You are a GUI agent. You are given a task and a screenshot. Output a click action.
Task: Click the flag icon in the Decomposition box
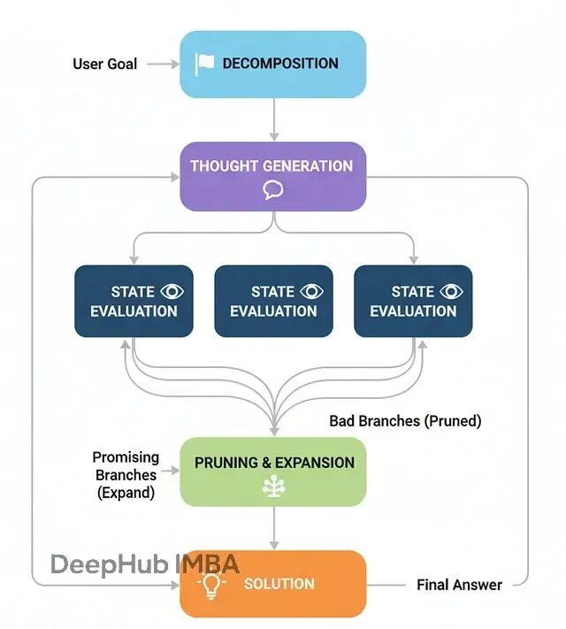pos(204,65)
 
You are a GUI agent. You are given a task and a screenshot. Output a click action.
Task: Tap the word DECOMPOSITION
pos(280,64)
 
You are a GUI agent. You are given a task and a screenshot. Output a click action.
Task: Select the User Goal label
pos(105,64)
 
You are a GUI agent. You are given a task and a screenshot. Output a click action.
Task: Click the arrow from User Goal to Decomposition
pos(163,64)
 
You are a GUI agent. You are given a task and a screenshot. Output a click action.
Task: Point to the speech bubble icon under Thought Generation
pos(273,189)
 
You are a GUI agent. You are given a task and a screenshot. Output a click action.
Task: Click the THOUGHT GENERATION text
pos(272,166)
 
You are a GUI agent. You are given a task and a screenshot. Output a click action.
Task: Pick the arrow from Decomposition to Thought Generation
pos(274,119)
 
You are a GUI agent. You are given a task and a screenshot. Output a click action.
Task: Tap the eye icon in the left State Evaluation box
pos(172,291)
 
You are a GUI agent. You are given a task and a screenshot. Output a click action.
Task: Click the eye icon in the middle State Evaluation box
pos(311,291)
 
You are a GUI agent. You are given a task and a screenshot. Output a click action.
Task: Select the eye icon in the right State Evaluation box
pos(451,291)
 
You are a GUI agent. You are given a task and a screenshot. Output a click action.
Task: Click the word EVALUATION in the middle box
pos(273,311)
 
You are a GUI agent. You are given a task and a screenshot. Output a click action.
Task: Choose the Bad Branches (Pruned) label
pos(405,421)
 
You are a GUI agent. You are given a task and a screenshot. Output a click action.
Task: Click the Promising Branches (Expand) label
pos(126,475)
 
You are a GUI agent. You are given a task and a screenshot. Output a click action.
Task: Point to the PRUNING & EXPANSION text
pos(274,463)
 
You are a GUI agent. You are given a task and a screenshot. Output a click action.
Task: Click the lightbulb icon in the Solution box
pos(211,586)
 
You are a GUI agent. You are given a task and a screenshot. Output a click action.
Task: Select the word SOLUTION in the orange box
pos(279,584)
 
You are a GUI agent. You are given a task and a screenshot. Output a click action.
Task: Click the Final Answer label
pos(459,585)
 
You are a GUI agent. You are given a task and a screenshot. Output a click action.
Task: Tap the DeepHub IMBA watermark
pos(145,564)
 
